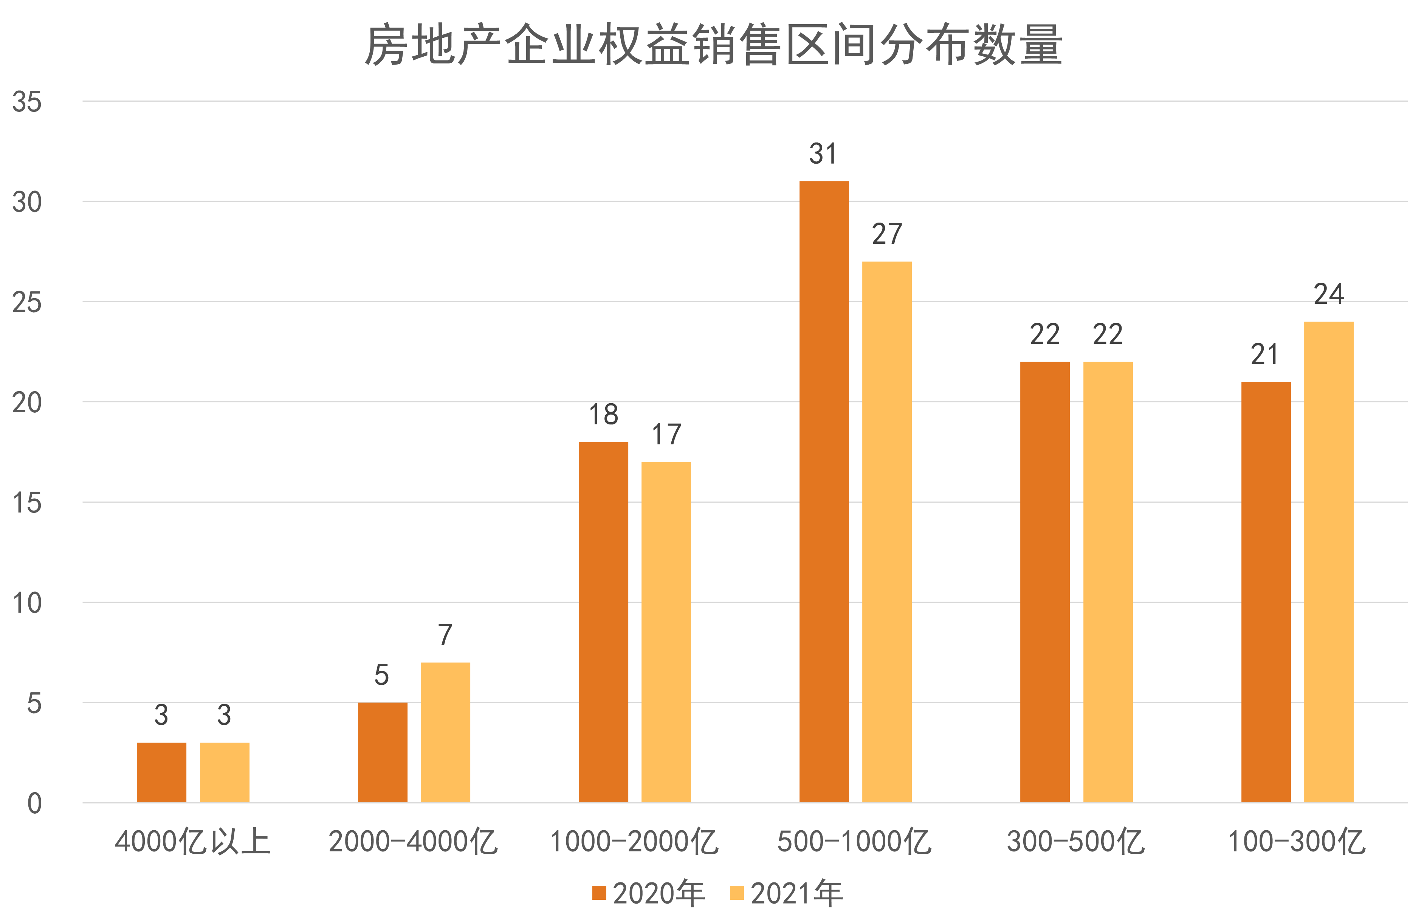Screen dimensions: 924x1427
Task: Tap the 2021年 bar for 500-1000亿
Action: (x=887, y=532)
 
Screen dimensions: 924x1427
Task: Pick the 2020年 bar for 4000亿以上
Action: (x=161, y=772)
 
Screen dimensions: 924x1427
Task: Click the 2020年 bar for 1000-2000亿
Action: (x=603, y=622)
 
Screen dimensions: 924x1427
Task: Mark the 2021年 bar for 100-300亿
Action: (x=1329, y=562)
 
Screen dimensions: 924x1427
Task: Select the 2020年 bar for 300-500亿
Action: (x=1044, y=582)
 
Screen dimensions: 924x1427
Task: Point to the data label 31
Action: (x=823, y=154)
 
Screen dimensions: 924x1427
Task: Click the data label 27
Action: (x=887, y=234)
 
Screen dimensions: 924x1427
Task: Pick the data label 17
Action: (x=666, y=435)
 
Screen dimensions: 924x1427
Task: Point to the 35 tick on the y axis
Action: (x=27, y=102)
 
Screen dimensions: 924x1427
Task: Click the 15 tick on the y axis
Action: (x=27, y=503)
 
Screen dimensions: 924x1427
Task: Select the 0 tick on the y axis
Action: (x=34, y=803)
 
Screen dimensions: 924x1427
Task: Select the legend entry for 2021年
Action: (x=786, y=893)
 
